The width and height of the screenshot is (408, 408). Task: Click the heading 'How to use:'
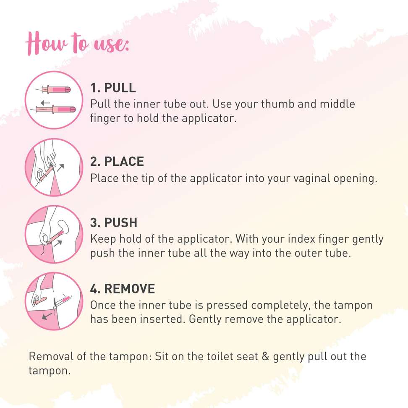coord(77,44)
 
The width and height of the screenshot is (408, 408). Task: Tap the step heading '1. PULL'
coord(113,88)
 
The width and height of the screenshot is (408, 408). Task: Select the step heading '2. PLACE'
coord(117,162)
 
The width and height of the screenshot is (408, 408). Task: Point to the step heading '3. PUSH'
coord(113,223)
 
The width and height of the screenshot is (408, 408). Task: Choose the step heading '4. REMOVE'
coord(122,289)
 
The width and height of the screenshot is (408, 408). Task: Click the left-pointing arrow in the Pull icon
coord(45,103)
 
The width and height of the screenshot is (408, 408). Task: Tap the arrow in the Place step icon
coord(60,167)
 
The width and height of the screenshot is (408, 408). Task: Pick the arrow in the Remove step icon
coord(47,316)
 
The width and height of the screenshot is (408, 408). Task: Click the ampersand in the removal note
coord(265,356)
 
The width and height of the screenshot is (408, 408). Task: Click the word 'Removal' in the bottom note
coord(51,356)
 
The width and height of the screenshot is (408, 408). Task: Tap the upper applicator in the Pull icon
coord(56,90)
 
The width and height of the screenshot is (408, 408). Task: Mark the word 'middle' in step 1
coord(337,104)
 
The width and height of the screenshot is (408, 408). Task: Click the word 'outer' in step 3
coord(307,253)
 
